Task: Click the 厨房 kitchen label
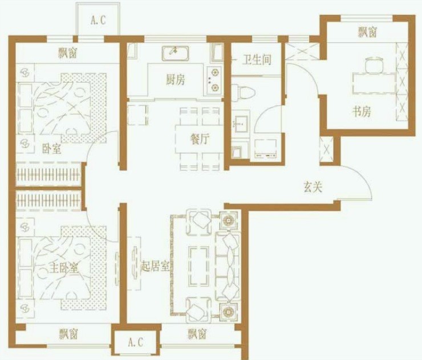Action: tap(176, 80)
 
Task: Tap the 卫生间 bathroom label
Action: tap(257, 60)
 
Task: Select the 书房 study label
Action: tap(362, 111)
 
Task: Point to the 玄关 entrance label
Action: tap(313, 187)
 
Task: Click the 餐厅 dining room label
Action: tap(200, 139)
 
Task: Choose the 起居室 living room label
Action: tap(156, 267)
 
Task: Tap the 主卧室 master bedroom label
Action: tap(64, 268)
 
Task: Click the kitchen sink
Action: tap(175, 53)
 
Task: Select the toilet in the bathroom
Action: tap(243, 93)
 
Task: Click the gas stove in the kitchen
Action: tap(214, 80)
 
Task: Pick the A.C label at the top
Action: tap(98, 20)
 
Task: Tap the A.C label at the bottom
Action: tap(135, 342)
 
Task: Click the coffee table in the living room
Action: tap(199, 266)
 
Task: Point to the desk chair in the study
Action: tap(374, 64)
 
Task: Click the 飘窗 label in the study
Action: tap(367, 32)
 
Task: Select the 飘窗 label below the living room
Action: tap(197, 334)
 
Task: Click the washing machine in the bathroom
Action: tap(265, 149)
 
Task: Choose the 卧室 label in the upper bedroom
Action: tap(52, 149)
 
